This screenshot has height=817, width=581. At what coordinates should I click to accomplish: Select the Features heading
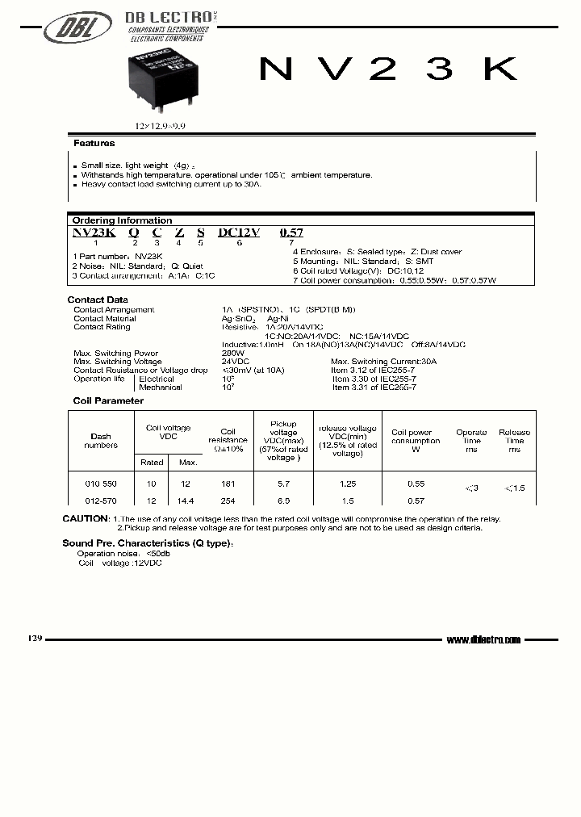pos(94,144)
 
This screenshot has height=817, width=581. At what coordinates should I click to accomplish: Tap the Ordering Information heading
pos(122,220)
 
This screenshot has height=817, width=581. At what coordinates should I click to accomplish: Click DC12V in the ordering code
pos(239,233)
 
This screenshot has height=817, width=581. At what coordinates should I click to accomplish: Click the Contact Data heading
pos(98,300)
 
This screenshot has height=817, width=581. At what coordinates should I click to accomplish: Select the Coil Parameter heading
pos(108,400)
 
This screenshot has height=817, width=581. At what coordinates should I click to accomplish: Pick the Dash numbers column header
pos(101,441)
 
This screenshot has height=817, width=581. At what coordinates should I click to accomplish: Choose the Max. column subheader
pos(187,463)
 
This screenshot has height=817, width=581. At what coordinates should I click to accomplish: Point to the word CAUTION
pos(86,519)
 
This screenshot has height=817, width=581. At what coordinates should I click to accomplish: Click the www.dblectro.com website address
pos(483,639)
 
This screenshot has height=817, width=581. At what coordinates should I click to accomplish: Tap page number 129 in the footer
pos(35,638)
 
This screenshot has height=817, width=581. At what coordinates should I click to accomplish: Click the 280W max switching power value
pos(232,354)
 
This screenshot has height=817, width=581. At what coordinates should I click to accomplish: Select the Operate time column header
pos(471,441)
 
